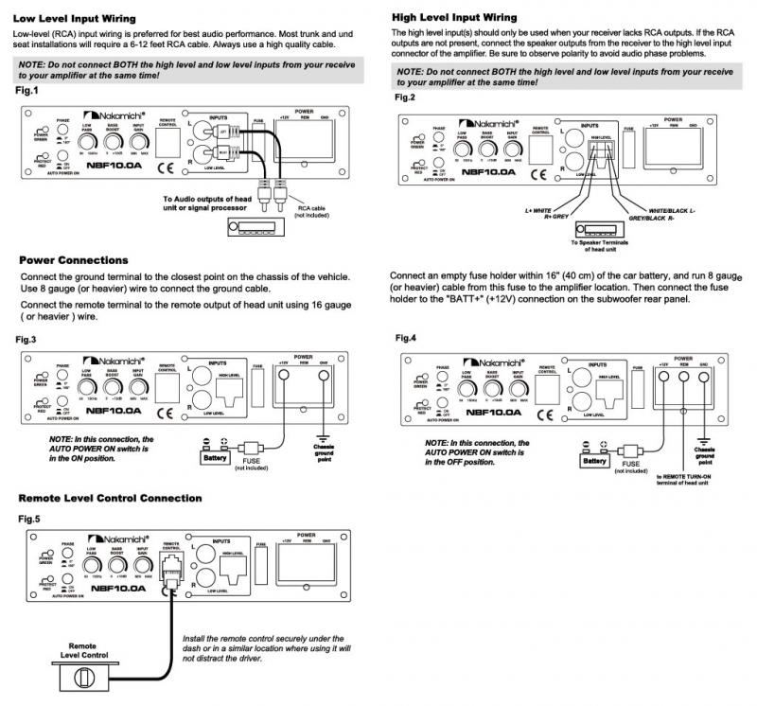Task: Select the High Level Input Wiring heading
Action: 454,17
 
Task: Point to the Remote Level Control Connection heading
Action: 111,498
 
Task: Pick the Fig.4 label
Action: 406,338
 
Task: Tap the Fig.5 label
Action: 29,519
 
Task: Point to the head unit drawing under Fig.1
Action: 255,227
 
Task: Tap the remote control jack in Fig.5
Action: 172,571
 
